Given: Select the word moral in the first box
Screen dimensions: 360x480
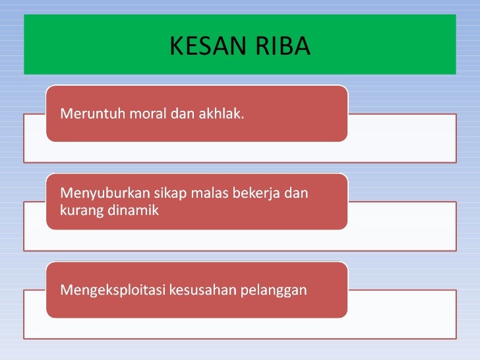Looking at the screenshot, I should click(148, 115).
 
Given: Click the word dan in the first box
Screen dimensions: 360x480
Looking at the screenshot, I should click(181, 115).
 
